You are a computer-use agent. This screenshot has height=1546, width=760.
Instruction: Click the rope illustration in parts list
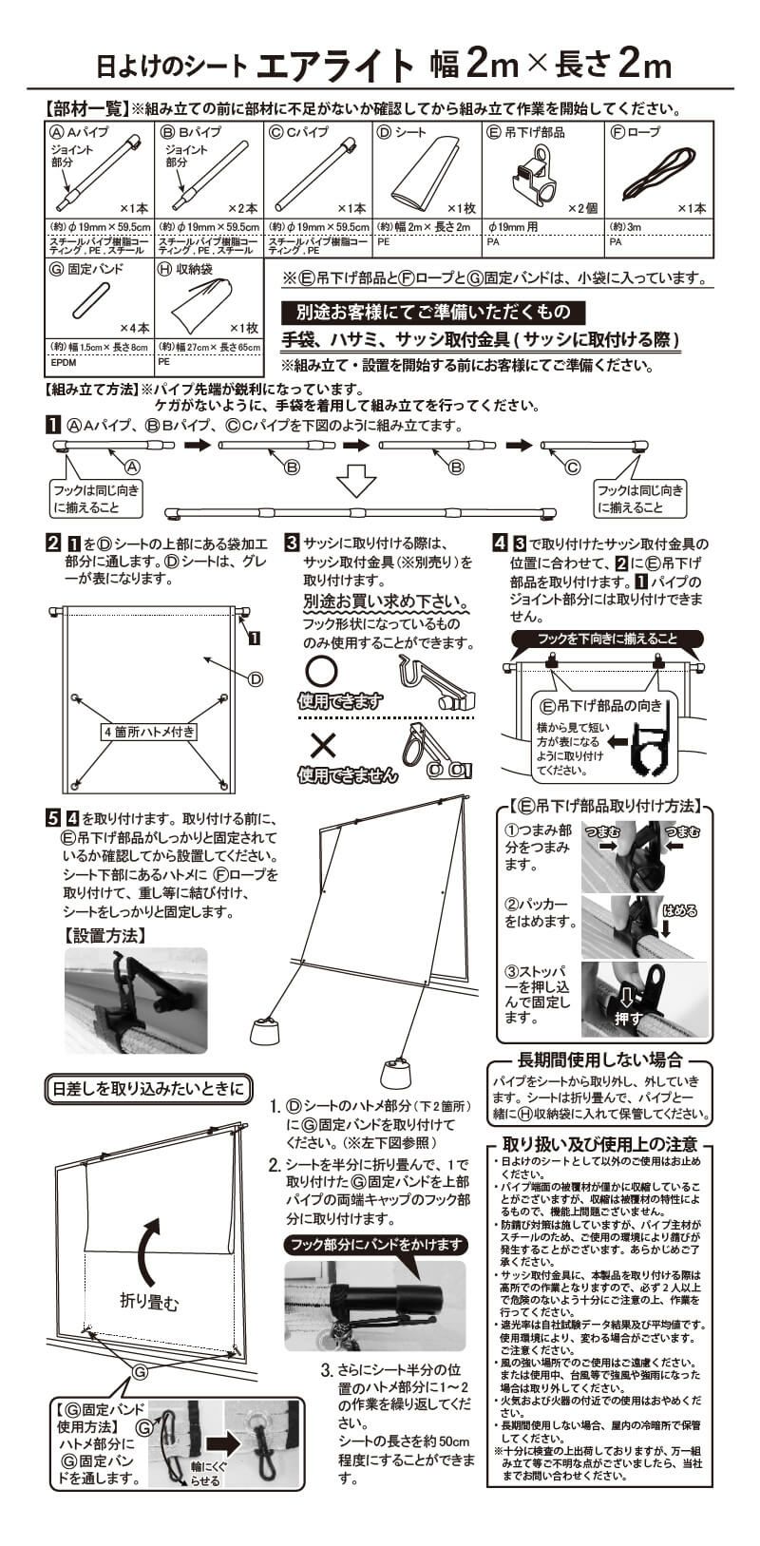pyautogui.click(x=663, y=175)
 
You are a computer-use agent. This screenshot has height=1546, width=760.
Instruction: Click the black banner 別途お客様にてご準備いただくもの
pyautogui.click(x=432, y=312)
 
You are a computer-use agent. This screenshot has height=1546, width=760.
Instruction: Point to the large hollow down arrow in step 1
pyautogui.click(x=357, y=481)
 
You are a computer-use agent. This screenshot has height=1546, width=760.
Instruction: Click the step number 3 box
pyautogui.click(x=293, y=544)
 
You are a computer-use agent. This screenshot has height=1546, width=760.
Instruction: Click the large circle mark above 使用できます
pyautogui.click(x=321, y=673)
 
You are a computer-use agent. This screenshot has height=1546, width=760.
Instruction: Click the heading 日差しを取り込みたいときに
pyautogui.click(x=148, y=1088)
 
